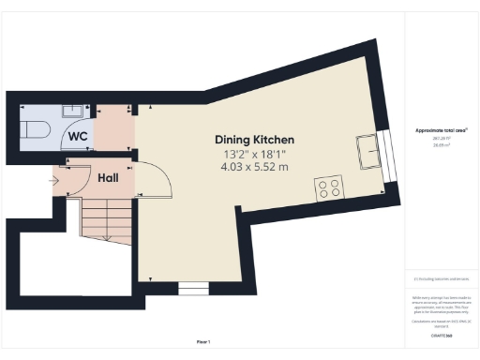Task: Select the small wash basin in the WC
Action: (x=71, y=111)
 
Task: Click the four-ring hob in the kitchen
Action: (x=329, y=187)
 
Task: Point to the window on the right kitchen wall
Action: (x=388, y=154)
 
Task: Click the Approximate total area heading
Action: (x=442, y=130)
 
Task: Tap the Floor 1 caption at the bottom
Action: (x=203, y=341)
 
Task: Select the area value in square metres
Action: (x=441, y=145)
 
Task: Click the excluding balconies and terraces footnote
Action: (x=442, y=278)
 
